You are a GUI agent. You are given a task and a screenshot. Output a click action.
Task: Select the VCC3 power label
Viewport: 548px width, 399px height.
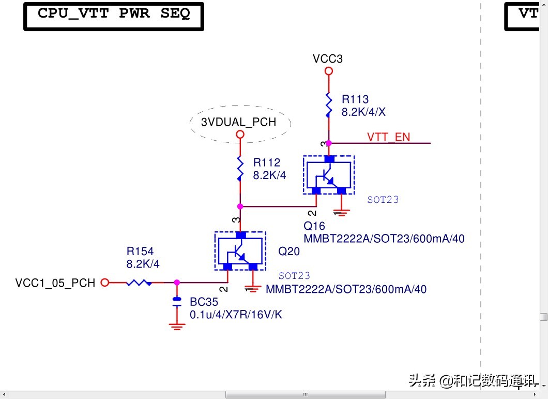pyautogui.click(x=328, y=59)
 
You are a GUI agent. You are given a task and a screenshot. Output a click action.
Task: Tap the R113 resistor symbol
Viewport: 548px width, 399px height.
pyautogui.click(x=328, y=105)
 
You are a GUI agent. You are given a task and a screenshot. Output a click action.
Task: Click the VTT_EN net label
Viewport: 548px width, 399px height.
pyautogui.click(x=388, y=137)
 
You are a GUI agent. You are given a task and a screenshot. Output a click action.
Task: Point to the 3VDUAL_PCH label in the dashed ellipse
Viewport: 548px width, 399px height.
pyautogui.click(x=238, y=123)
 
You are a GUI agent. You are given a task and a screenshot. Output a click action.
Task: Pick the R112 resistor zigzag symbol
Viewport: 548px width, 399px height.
pyautogui.click(x=240, y=169)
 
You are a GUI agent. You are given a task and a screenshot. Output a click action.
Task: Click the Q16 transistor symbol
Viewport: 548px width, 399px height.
pyautogui.click(x=328, y=175)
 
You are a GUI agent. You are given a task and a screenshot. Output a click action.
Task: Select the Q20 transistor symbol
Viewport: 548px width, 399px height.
pyautogui.click(x=240, y=251)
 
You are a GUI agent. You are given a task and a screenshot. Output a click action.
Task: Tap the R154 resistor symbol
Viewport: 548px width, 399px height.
pyautogui.click(x=139, y=283)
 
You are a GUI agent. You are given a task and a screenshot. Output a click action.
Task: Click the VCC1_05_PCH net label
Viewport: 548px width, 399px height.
pyautogui.click(x=55, y=283)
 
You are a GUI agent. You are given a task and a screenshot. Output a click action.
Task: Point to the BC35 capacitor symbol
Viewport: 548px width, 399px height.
pyautogui.click(x=177, y=302)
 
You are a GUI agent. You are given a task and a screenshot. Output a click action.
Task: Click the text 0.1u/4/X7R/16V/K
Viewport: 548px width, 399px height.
pyautogui.click(x=236, y=315)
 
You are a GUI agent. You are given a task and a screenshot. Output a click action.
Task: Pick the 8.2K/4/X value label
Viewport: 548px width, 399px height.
pyautogui.click(x=363, y=112)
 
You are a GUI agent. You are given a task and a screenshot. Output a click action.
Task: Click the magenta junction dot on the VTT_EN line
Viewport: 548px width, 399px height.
pyautogui.click(x=329, y=143)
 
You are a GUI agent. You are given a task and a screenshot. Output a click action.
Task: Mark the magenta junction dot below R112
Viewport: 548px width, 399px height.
pyautogui.click(x=240, y=206)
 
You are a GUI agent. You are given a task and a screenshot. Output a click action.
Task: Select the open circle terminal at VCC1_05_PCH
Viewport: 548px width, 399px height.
pyautogui.click(x=104, y=283)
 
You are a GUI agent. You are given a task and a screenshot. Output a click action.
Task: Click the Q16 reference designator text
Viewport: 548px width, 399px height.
pyautogui.click(x=314, y=226)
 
